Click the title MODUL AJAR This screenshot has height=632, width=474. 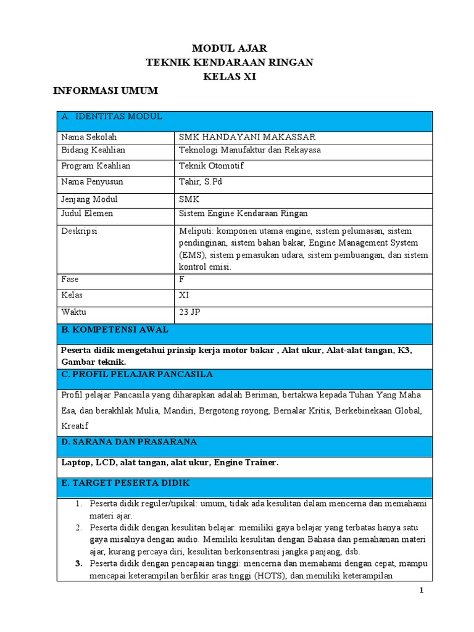[x=230, y=48]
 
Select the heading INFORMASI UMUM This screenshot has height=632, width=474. [x=105, y=91]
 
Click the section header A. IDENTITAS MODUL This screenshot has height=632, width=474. [x=111, y=116]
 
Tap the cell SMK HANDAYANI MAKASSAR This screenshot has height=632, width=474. [x=247, y=137]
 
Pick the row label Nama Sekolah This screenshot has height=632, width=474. [x=89, y=137]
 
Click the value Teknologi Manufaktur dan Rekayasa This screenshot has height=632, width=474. [x=249, y=150]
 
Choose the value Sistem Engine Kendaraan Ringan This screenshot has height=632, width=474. [x=243, y=214]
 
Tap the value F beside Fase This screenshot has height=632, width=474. [x=181, y=279]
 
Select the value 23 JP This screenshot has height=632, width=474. [x=189, y=312]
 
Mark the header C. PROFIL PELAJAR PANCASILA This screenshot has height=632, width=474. [x=137, y=374]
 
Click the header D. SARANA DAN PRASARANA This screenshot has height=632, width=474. [x=129, y=442]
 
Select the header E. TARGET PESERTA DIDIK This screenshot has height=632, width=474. [x=125, y=483]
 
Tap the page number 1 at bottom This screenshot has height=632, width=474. [x=422, y=590]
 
